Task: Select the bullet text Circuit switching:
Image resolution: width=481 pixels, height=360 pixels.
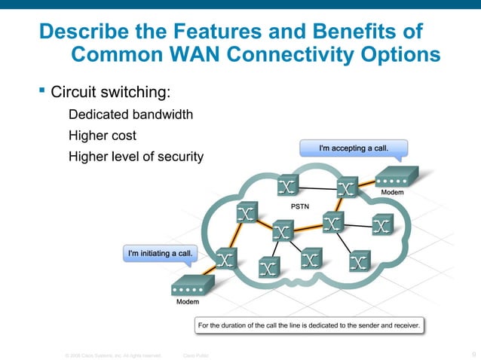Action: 110,93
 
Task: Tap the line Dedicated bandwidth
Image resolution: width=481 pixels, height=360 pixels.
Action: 130,115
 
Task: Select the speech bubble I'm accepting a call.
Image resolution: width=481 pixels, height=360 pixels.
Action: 354,148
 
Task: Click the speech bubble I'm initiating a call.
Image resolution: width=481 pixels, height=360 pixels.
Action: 159,253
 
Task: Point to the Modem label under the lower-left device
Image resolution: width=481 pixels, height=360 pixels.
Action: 188,302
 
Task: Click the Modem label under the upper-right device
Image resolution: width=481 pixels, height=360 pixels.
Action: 391,193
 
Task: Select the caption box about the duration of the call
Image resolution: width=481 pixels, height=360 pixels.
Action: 308,325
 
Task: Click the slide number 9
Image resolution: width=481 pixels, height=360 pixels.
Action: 473,354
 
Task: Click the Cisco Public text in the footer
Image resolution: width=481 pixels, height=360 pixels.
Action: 196,354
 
